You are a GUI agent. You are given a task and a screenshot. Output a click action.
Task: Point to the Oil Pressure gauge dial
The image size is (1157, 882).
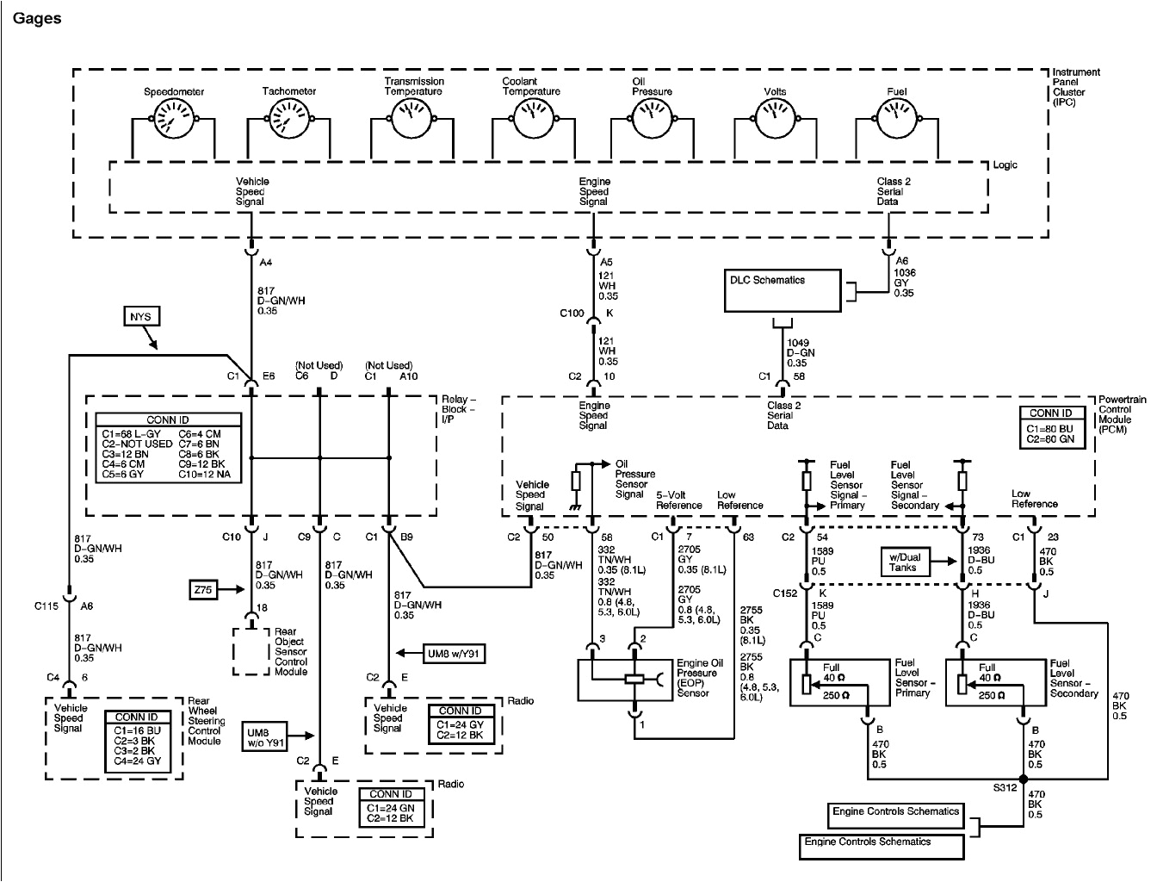(652, 117)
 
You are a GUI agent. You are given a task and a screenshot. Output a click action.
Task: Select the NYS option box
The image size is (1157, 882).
(140, 317)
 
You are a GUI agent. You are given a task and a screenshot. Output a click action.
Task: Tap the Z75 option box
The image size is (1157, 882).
(204, 590)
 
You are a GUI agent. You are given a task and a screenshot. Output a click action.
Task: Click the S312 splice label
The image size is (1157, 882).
(1003, 788)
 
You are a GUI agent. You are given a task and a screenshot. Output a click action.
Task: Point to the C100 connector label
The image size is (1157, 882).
(571, 313)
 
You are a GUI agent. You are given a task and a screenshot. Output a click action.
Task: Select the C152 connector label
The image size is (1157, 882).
(784, 593)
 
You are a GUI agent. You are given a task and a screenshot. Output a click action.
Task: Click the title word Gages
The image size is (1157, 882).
(37, 17)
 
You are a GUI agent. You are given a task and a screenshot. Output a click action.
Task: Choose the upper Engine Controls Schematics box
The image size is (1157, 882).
(895, 811)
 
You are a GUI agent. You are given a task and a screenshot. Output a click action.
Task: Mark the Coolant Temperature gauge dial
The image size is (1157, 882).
(530, 117)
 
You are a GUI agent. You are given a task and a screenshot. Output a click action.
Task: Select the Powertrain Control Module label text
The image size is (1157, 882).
(1123, 414)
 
